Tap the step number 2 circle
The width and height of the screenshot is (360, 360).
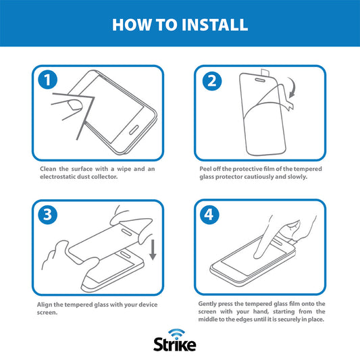211,82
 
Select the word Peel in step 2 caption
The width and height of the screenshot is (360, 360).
207,168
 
